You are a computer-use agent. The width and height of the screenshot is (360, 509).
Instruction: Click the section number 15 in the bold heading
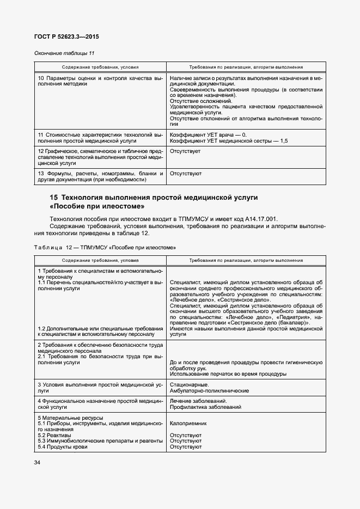[53, 197]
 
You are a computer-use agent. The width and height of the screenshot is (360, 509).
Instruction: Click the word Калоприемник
[188, 422]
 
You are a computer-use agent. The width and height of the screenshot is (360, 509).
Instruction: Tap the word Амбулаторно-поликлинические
[209, 390]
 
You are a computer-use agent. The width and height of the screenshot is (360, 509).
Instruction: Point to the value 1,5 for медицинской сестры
[284, 140]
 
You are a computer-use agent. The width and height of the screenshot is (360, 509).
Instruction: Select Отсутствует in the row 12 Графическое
[185, 151]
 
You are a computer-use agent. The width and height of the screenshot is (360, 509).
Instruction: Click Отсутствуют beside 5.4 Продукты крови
[186, 447]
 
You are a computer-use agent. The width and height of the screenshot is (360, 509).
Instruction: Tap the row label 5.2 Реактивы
[54, 435]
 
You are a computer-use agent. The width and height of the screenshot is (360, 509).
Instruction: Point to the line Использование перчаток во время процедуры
[228, 374]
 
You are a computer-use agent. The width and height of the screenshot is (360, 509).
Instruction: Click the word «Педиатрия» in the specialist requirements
[291, 316]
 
